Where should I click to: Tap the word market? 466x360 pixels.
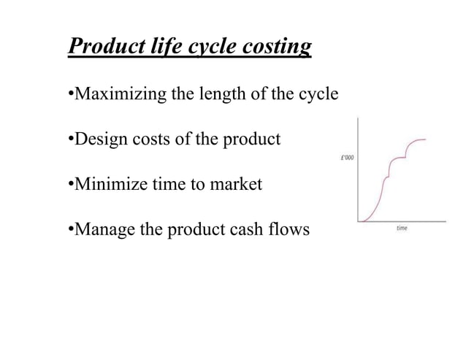point(236,185)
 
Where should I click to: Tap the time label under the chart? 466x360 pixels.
point(402,229)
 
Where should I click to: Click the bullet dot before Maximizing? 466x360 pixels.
point(69,95)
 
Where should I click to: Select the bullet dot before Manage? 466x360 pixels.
point(69,231)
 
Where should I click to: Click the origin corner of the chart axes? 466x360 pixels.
point(358,221)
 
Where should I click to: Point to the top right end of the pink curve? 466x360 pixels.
point(427,139)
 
